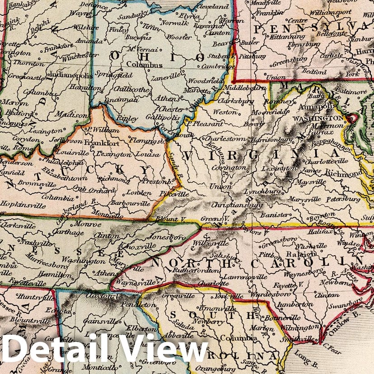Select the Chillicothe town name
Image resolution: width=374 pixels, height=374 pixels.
coord(131,89)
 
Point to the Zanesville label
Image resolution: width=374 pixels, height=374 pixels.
coord(165,78)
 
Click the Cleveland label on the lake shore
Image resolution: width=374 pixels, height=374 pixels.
coord(213,7)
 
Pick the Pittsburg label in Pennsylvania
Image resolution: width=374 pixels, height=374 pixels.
coord(252,57)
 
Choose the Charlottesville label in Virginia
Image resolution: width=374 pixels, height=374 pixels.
coord(327,161)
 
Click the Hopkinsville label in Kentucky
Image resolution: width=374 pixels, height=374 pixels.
coord(18,204)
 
